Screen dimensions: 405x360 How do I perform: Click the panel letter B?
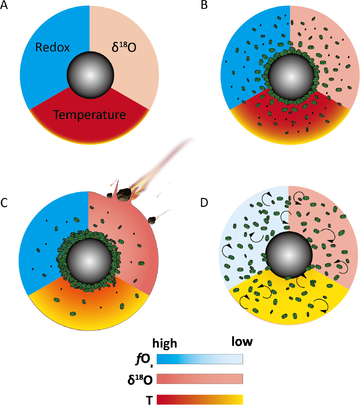coord(204,6)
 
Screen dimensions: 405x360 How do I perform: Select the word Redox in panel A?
coord(53,48)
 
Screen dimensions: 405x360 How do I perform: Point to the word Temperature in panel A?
coord(90,115)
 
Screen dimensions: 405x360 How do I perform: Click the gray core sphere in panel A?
coord(91,75)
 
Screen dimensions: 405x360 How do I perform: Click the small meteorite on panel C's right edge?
coord(153,219)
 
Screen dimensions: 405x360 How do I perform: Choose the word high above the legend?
coord(165,343)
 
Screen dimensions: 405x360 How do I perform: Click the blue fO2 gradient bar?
coord(199,359)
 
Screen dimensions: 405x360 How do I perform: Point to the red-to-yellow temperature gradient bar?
coord(199,400)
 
